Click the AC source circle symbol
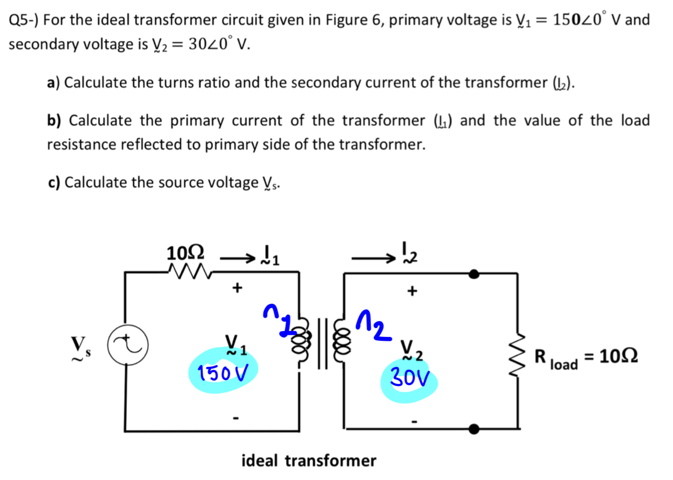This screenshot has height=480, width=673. click(128, 345)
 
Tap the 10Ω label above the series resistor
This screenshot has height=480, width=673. click(185, 253)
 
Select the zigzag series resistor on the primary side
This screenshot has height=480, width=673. click(189, 271)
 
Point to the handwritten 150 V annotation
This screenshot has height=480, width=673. click(223, 373)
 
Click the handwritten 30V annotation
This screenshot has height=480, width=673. click(409, 378)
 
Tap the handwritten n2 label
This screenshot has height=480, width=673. click(374, 325)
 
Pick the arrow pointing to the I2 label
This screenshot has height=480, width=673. click(373, 258)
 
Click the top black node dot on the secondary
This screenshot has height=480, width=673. click(474, 274)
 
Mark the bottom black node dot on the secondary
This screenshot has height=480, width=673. click(474, 429)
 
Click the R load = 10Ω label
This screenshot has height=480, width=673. click(586, 357)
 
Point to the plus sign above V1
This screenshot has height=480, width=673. click(237, 287)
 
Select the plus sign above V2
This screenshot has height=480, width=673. click(412, 291)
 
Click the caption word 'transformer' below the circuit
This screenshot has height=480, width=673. click(330, 461)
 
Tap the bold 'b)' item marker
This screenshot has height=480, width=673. click(54, 121)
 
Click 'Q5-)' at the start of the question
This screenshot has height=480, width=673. click(24, 20)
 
